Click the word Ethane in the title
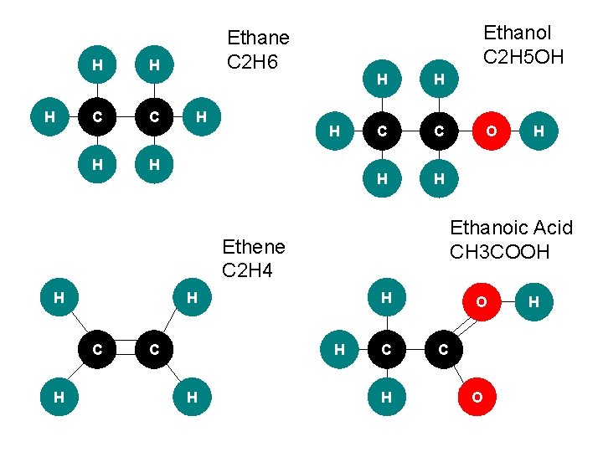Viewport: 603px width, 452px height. coord(258,38)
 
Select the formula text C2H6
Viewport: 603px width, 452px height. coord(255,62)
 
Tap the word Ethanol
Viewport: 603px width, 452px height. coord(518,33)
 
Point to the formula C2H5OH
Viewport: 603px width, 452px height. coord(523,57)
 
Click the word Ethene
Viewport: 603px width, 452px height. coord(253,247)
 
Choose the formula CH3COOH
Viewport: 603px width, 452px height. coord(499,251)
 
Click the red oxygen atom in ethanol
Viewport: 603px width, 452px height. coord(491,131)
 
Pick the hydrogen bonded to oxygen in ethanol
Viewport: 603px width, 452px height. coord(538,131)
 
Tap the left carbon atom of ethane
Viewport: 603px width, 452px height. coord(98,118)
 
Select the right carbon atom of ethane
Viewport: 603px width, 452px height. coord(153,118)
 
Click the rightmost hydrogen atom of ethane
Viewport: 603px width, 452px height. coord(200,118)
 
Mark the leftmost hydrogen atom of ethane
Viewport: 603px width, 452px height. coord(50,118)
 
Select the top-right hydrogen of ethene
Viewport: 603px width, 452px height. coord(192,297)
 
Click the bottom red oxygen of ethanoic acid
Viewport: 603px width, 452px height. coord(476,397)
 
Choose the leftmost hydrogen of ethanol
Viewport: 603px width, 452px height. coord(334,131)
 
